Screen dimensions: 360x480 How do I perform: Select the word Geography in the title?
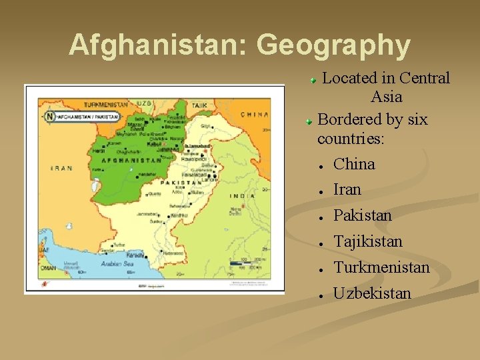point(333,45)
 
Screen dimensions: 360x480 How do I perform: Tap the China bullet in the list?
point(354,164)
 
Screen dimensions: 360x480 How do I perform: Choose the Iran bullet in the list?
point(347,189)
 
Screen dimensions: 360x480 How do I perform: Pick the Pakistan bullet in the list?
point(362,215)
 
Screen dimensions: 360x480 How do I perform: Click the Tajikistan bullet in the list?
point(367,241)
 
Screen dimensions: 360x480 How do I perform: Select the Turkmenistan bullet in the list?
point(381,267)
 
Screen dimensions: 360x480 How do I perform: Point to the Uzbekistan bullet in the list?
point(372,293)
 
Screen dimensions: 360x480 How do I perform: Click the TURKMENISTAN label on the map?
point(105,104)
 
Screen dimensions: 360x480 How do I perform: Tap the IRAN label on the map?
point(62,168)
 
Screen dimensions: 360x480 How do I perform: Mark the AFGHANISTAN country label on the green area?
point(131,161)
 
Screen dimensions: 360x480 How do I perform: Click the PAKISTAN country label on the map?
point(181,182)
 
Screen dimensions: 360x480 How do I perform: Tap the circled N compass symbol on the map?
point(49,116)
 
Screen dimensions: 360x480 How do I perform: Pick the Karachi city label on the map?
point(135,255)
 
